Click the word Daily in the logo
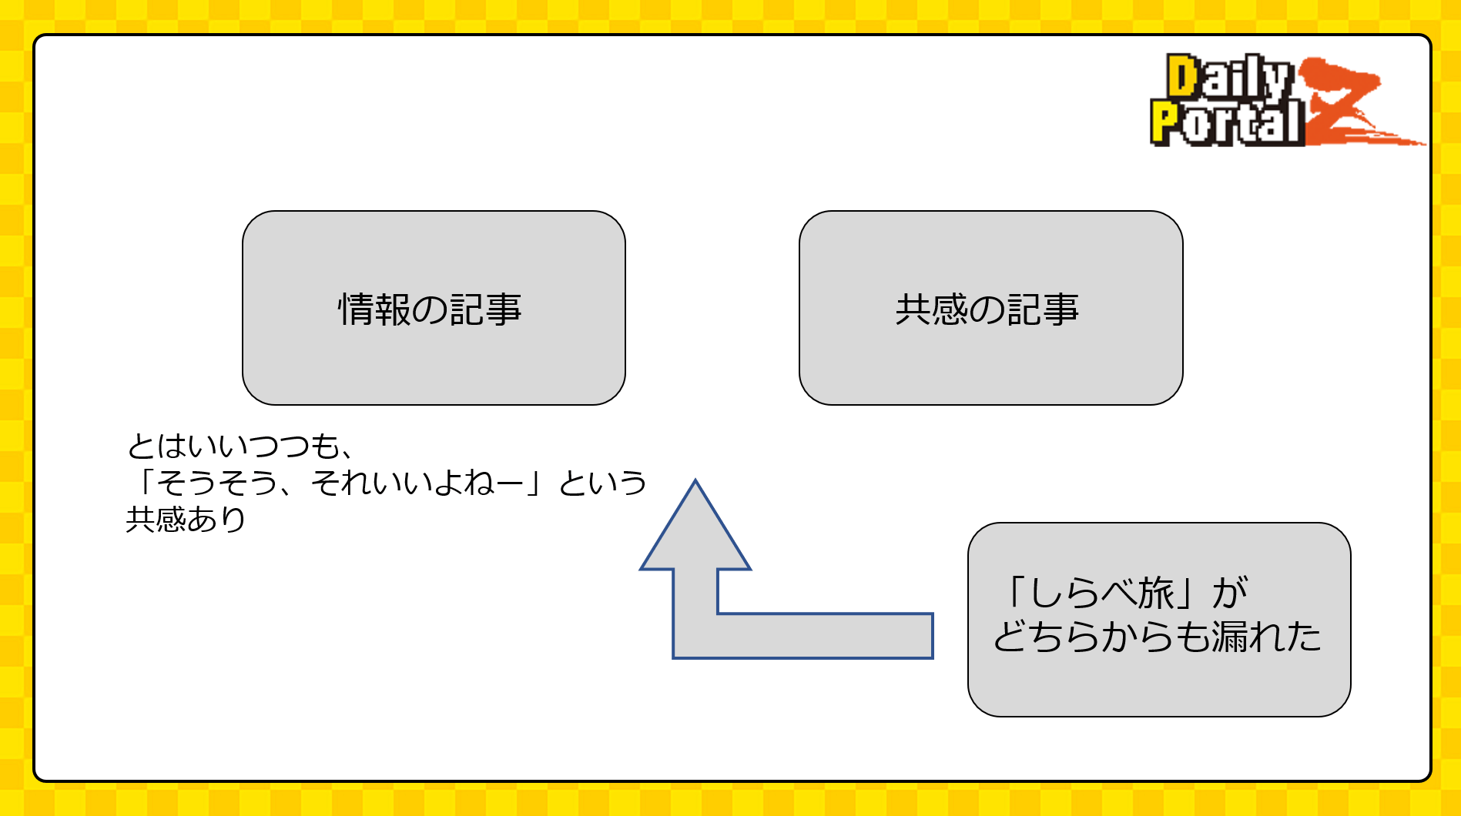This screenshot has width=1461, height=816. [x=1228, y=77]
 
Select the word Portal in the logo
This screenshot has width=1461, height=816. [x=1226, y=123]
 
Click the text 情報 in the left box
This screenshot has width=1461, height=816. [x=374, y=309]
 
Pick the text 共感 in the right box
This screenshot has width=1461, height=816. [x=931, y=309]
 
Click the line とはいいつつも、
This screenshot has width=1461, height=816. [x=239, y=446]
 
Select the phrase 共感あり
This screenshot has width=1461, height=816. [x=186, y=520]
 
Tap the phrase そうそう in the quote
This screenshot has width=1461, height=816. [x=217, y=483]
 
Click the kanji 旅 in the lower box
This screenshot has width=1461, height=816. [x=1156, y=593]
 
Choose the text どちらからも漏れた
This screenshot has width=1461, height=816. [x=1157, y=637]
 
